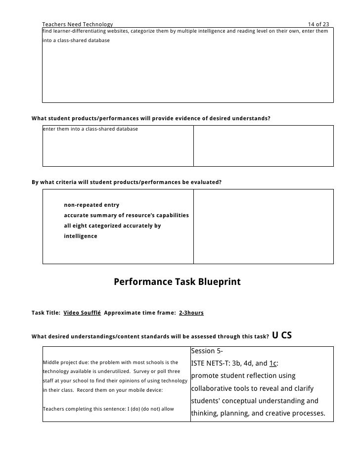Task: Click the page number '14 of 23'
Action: coord(318,24)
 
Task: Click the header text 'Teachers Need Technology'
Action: coord(78,24)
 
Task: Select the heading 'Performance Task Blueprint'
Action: coord(177,282)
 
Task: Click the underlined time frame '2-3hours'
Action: coord(191,313)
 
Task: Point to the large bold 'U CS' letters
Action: coord(282,336)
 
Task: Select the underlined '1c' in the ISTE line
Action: coord(272,362)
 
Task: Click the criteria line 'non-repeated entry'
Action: coord(91,205)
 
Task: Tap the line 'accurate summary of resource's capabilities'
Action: coord(127,215)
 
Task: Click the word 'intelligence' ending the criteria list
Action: coord(81,236)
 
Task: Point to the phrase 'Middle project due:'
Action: coord(65,363)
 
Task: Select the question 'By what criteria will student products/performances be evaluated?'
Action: coord(127,182)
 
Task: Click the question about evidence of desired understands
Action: coord(151,118)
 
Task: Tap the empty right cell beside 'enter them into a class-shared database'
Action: coord(263,145)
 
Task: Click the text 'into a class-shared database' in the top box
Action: coord(77,40)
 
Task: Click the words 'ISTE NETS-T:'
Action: coord(211,362)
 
